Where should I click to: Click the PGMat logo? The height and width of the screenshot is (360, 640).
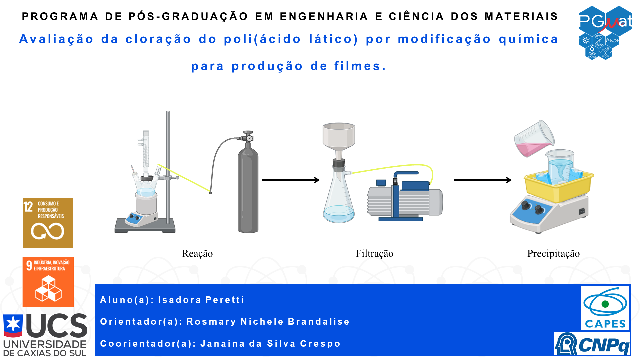(605, 33)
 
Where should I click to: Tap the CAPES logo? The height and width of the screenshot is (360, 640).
(605, 308)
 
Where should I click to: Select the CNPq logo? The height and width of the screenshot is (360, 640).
(592, 344)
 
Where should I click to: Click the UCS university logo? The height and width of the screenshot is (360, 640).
(45, 335)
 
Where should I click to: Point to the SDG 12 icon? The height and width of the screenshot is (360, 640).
(48, 223)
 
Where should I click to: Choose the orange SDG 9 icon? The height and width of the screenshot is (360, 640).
(48, 282)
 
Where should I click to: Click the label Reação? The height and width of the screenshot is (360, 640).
(197, 254)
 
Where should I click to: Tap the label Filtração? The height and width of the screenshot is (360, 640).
(374, 254)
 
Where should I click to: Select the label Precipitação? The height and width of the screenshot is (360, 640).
(553, 254)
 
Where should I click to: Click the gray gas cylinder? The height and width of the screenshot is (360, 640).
(248, 187)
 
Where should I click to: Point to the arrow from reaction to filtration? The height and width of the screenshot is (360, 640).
(291, 180)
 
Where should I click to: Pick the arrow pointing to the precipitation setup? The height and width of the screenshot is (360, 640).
(483, 180)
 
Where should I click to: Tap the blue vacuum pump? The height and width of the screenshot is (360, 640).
(405, 197)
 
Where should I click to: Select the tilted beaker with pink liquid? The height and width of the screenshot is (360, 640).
(534, 138)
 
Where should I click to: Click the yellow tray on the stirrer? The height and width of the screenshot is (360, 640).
(559, 187)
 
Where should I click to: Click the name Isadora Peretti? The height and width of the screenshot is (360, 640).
(201, 300)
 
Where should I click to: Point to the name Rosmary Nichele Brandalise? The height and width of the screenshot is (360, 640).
(268, 322)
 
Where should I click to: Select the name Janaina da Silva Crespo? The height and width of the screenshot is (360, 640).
(270, 344)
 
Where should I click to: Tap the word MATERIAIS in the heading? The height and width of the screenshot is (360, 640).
(521, 16)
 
